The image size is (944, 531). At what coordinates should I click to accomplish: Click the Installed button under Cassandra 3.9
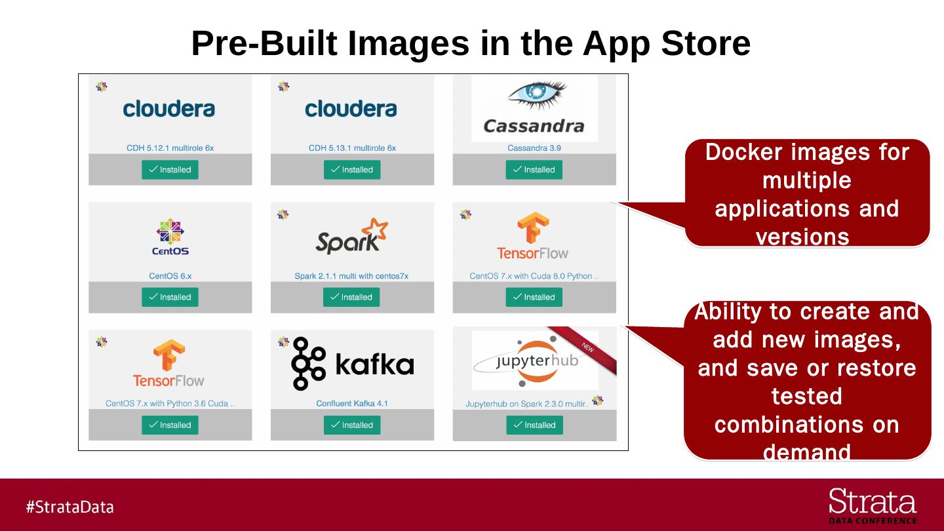point(534,170)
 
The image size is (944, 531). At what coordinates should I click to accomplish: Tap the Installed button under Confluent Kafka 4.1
point(352,425)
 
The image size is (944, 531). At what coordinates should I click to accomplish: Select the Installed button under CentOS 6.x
point(170,297)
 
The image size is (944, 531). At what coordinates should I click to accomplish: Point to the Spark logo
point(351,237)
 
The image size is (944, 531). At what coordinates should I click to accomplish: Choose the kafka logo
point(353,364)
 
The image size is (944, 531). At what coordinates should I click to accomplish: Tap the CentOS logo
point(170,237)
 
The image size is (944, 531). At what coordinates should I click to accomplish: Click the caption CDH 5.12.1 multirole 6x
point(170,148)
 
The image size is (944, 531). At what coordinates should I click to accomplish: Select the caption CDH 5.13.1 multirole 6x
point(352,148)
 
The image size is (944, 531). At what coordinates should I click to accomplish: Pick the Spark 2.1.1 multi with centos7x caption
point(351,276)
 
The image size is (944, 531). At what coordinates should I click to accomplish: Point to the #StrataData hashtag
point(69,507)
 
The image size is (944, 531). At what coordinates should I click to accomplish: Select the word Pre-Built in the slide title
point(264,43)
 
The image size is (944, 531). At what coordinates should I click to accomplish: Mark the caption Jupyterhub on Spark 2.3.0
point(527,404)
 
